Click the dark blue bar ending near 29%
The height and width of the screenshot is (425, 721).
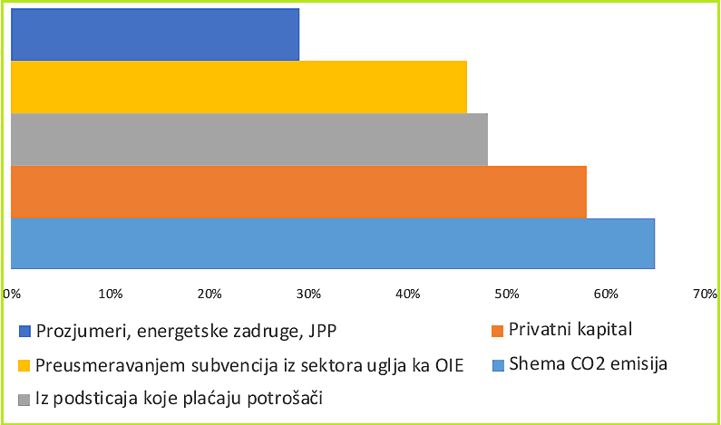pyautogui.click(x=154, y=34)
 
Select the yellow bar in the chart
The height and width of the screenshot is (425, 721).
pyautogui.click(x=239, y=87)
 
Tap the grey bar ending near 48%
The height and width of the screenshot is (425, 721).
pyautogui.click(x=248, y=140)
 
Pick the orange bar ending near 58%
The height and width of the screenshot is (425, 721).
pyautogui.click(x=298, y=192)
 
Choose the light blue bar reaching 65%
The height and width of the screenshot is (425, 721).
pyautogui.click(x=332, y=244)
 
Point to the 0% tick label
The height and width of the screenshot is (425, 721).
pyautogui.click(x=12, y=294)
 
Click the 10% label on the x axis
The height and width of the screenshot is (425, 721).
pyautogui.click(x=111, y=294)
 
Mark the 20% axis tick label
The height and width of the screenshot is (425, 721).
pyautogui.click(x=209, y=294)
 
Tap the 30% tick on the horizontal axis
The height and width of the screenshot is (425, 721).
pyautogui.click(x=308, y=294)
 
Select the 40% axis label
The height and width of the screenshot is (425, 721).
pyautogui.click(x=408, y=294)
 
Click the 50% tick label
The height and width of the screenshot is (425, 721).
pyautogui.click(x=507, y=294)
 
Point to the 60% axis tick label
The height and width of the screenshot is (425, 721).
pyautogui.click(x=606, y=294)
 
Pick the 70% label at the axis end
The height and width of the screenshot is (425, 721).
pyautogui.click(x=705, y=294)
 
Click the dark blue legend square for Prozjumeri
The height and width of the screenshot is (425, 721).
pyautogui.click(x=24, y=331)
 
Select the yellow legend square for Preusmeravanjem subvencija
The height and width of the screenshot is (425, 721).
pyautogui.click(x=24, y=365)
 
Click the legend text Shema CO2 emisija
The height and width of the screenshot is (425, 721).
pyautogui.click(x=589, y=365)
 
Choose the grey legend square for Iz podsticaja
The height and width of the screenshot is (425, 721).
pyautogui.click(x=24, y=399)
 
